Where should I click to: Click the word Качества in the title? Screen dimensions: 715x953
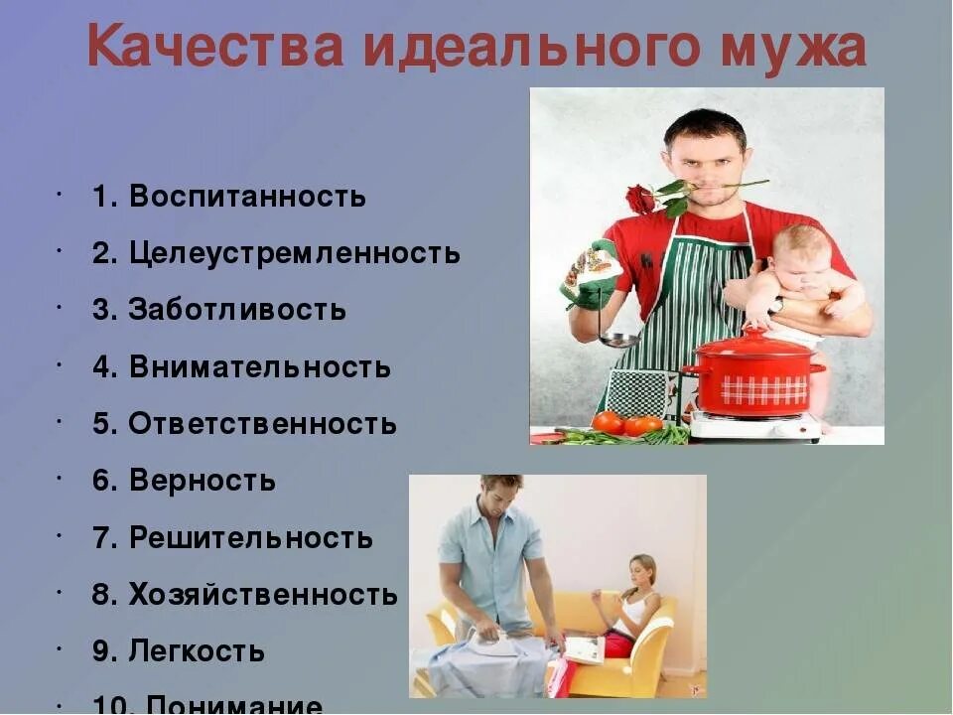(x=213, y=48)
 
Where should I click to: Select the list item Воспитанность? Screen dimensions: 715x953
(x=247, y=197)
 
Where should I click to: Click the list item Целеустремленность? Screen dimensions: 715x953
(x=295, y=253)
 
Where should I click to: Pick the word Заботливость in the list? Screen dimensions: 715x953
(x=237, y=310)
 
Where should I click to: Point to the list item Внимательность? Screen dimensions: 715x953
(x=260, y=367)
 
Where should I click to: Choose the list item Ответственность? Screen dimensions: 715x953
(x=263, y=424)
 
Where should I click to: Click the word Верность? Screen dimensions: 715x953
(x=203, y=482)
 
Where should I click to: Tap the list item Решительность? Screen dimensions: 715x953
(x=251, y=539)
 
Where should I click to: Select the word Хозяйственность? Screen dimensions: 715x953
(x=263, y=596)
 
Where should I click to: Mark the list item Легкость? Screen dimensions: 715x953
(x=197, y=652)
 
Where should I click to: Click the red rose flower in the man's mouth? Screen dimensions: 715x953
(x=641, y=199)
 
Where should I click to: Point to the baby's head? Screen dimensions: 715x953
(x=800, y=248)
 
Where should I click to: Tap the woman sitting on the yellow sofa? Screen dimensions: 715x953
(x=631, y=606)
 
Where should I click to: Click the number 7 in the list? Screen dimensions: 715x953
(x=100, y=539)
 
